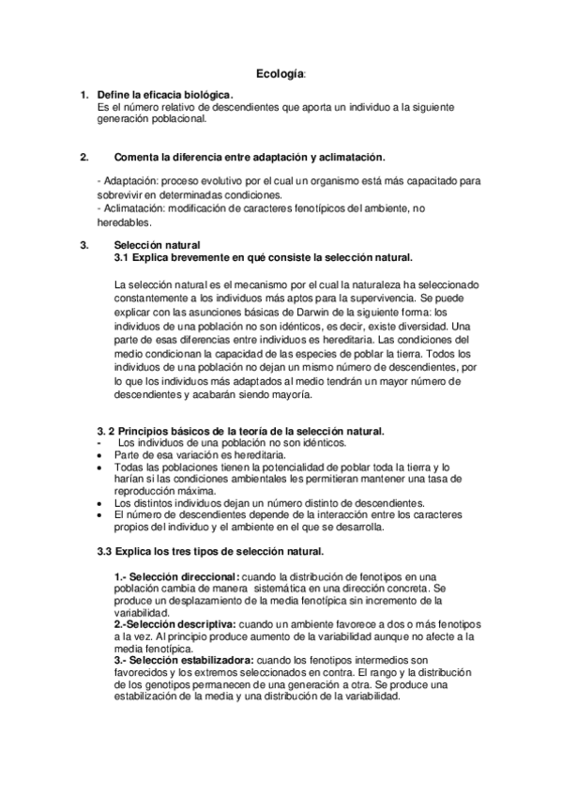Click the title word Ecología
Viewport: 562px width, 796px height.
281,72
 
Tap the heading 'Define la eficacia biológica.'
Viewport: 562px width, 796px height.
165,96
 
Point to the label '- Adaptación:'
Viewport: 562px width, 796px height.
128,177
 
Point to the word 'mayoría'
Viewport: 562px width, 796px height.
285,396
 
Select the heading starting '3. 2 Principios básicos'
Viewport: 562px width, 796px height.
241,430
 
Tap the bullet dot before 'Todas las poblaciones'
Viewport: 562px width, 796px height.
100,467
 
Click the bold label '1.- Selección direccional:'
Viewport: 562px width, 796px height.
176,575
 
